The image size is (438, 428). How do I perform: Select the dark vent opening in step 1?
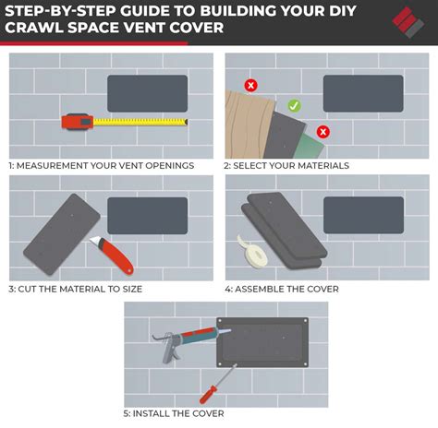click(x=148, y=93)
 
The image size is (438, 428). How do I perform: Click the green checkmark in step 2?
click(x=294, y=106)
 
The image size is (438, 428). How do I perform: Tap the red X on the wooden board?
click(x=250, y=85)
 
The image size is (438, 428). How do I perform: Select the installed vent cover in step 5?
click(x=264, y=342)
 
